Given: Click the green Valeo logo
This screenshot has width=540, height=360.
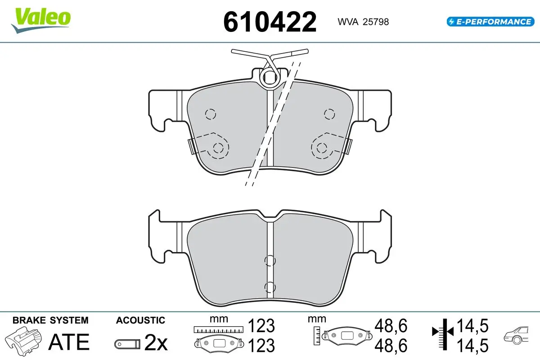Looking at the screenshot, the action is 41,20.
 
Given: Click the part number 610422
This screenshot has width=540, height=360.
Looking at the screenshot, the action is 270,22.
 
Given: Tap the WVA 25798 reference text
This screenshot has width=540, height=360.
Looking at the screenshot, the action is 363,22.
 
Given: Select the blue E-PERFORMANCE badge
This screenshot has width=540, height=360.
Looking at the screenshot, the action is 490,22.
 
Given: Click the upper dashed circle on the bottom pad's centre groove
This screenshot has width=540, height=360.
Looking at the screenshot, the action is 270,261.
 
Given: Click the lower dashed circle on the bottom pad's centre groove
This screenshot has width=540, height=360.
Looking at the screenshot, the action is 270,287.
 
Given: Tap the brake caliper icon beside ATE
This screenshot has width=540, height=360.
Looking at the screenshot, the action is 23,340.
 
